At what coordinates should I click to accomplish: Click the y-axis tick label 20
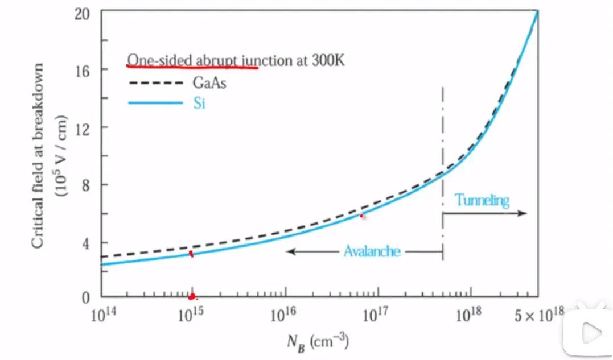[84, 13]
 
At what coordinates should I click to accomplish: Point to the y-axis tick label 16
[84, 69]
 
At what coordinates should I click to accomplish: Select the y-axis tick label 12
[84, 127]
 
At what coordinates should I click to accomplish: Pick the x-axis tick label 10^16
[282, 315]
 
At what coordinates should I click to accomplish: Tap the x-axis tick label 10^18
[469, 315]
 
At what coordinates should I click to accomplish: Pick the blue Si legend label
[198, 104]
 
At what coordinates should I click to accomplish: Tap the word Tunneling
[482, 200]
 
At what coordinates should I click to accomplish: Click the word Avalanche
[372, 251]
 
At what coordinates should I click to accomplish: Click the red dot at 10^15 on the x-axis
[192, 296]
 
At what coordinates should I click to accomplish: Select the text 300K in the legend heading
[328, 60]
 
